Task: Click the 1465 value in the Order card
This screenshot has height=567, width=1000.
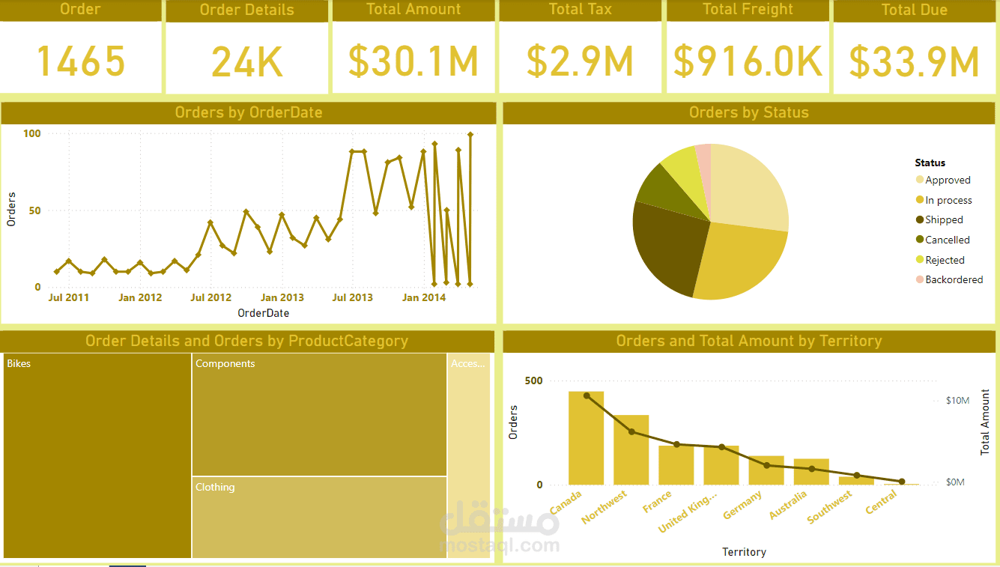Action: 80,61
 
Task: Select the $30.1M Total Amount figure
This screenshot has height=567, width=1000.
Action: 413,61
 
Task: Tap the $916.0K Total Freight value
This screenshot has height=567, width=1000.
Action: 748,61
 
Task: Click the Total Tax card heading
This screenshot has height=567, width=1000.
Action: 580,10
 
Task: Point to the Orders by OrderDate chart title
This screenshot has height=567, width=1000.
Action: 248,113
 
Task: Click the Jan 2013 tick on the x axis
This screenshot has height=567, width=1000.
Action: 282,297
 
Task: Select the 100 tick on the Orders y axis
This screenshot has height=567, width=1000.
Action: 32,133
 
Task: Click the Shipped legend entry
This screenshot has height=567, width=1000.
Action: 944,220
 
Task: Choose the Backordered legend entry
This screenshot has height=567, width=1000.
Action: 953,280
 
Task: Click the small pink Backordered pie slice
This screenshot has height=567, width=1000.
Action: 703,152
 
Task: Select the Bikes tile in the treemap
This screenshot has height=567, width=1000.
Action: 97,457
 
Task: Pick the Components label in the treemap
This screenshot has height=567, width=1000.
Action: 225,364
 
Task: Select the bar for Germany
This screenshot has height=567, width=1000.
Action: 766,470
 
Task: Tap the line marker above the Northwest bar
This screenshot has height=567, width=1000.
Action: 631,431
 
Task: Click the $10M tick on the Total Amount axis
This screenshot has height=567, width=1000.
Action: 957,401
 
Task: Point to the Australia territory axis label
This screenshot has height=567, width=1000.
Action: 789,506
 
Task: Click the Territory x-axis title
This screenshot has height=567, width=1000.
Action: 744,552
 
